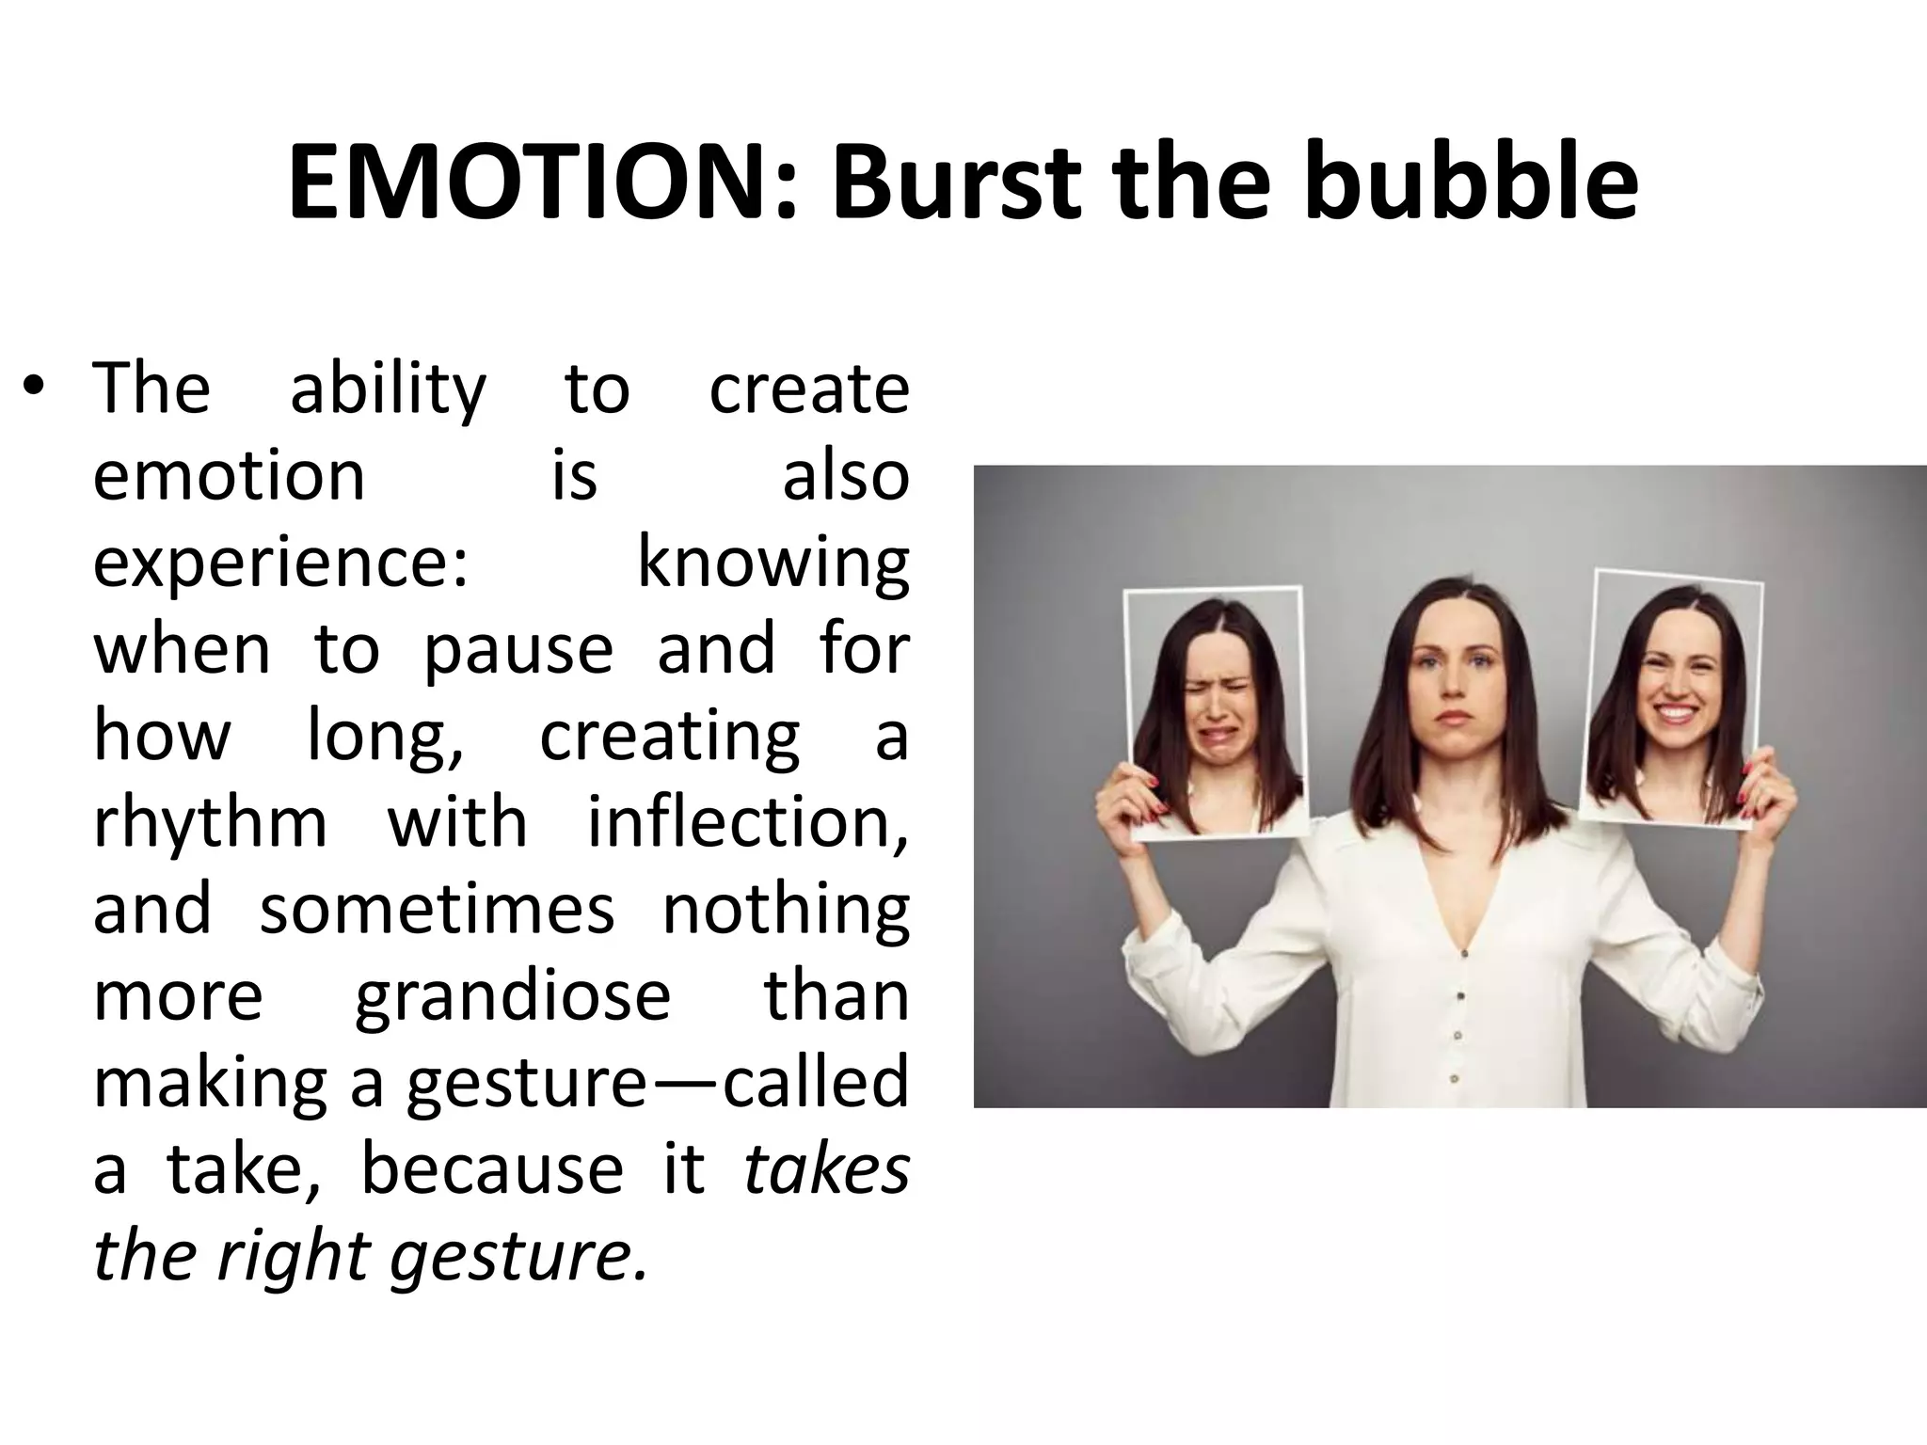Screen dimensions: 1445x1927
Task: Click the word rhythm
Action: click(x=210, y=822)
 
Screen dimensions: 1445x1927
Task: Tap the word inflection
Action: click(x=748, y=822)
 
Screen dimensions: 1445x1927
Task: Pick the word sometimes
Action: click(x=437, y=909)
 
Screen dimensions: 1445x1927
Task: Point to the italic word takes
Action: click(x=827, y=1169)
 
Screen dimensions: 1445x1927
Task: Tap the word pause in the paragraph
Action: click(x=518, y=649)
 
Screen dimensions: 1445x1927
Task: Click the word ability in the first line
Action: click(x=388, y=389)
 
